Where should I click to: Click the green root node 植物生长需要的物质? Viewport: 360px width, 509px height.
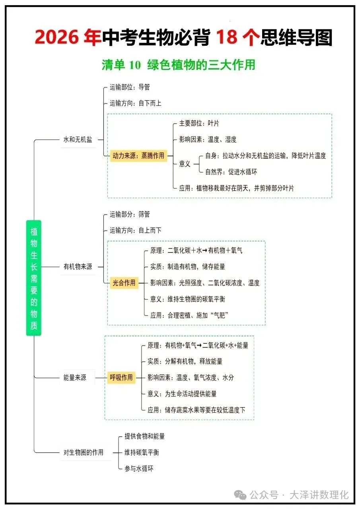click(34, 278)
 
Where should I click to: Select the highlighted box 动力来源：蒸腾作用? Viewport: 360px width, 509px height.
click(138, 156)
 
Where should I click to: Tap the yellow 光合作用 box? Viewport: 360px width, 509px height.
click(124, 283)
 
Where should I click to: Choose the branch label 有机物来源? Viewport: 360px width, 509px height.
click(78, 267)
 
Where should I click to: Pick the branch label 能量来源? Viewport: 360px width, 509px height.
click(75, 377)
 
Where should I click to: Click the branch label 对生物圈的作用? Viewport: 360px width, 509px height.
click(84, 452)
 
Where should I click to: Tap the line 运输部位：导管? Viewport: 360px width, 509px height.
click(130, 87)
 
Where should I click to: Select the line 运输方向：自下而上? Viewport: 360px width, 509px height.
click(136, 103)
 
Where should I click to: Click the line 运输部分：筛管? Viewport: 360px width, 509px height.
click(130, 214)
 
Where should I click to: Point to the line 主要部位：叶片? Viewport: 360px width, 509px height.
click(199, 123)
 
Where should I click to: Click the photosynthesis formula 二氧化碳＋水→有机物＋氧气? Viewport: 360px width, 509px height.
click(205, 251)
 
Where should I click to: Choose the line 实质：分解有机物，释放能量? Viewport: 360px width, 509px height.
click(185, 361)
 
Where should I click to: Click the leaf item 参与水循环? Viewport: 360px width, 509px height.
click(139, 468)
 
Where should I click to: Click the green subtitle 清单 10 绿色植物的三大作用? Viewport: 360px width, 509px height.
click(178, 65)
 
